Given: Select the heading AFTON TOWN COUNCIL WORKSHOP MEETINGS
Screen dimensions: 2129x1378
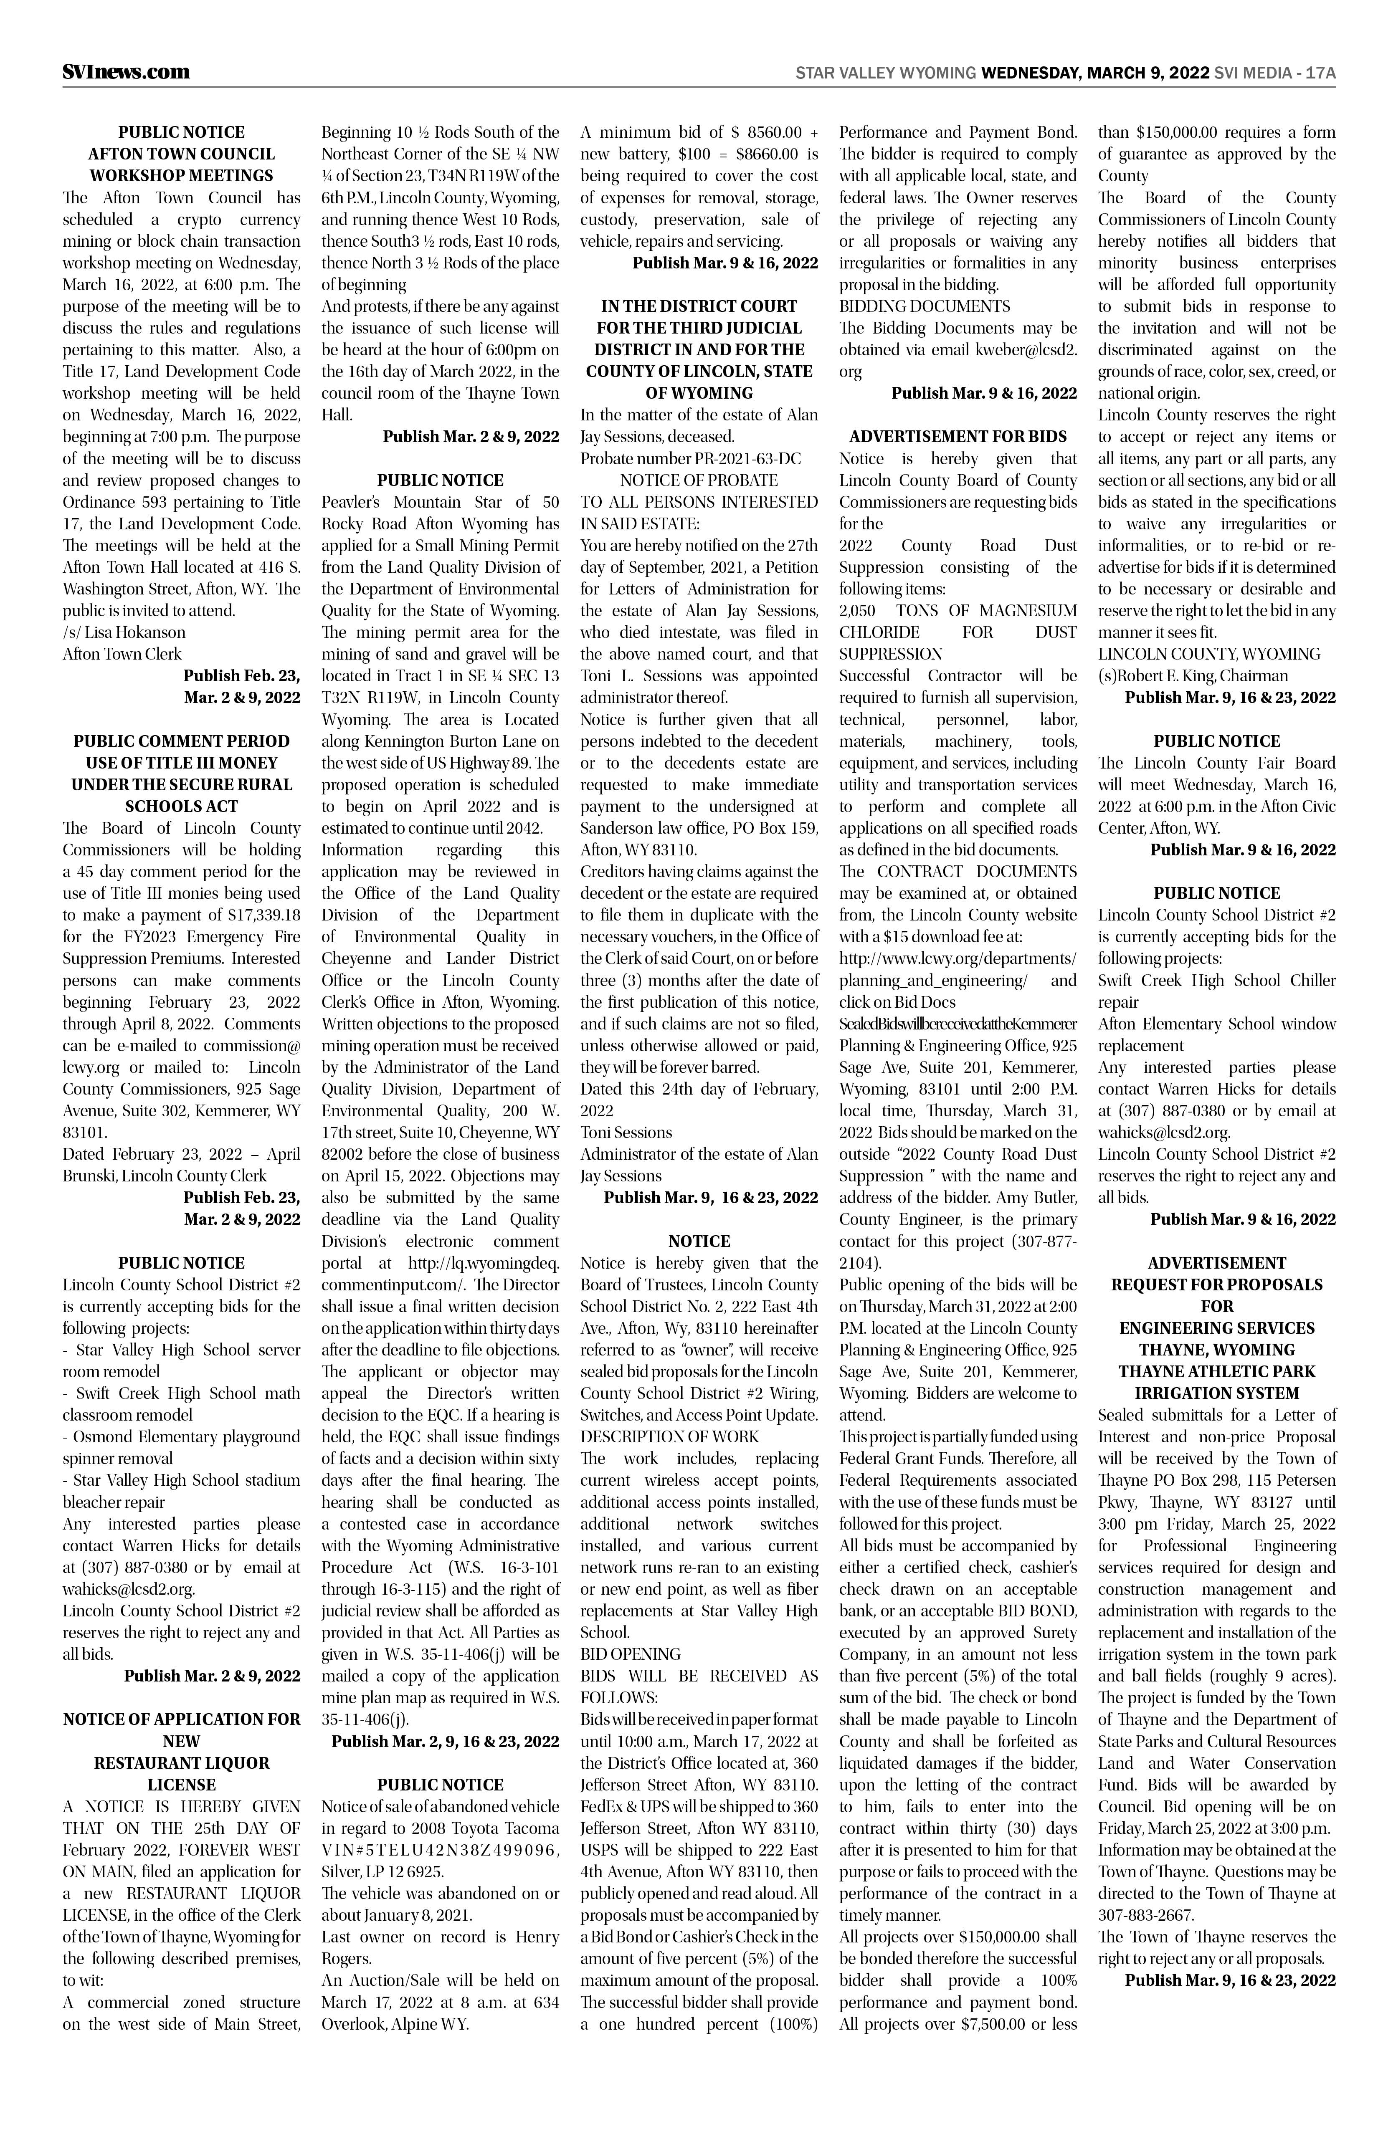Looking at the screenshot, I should pos(182,164).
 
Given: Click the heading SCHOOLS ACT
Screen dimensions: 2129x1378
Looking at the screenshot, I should pos(182,806).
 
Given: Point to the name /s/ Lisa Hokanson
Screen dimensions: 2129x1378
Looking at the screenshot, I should pos(124,632).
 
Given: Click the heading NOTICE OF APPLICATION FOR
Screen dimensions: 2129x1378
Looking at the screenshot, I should pos(182,1719).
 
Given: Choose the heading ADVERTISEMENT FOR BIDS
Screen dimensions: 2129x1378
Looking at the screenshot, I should pos(958,437).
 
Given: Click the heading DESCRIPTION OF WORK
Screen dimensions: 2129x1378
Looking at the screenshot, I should pos(669,1436).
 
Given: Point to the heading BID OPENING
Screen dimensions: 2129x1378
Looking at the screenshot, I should pos(631,1654).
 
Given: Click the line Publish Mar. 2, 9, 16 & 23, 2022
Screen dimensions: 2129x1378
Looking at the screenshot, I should pos(445,1741).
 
